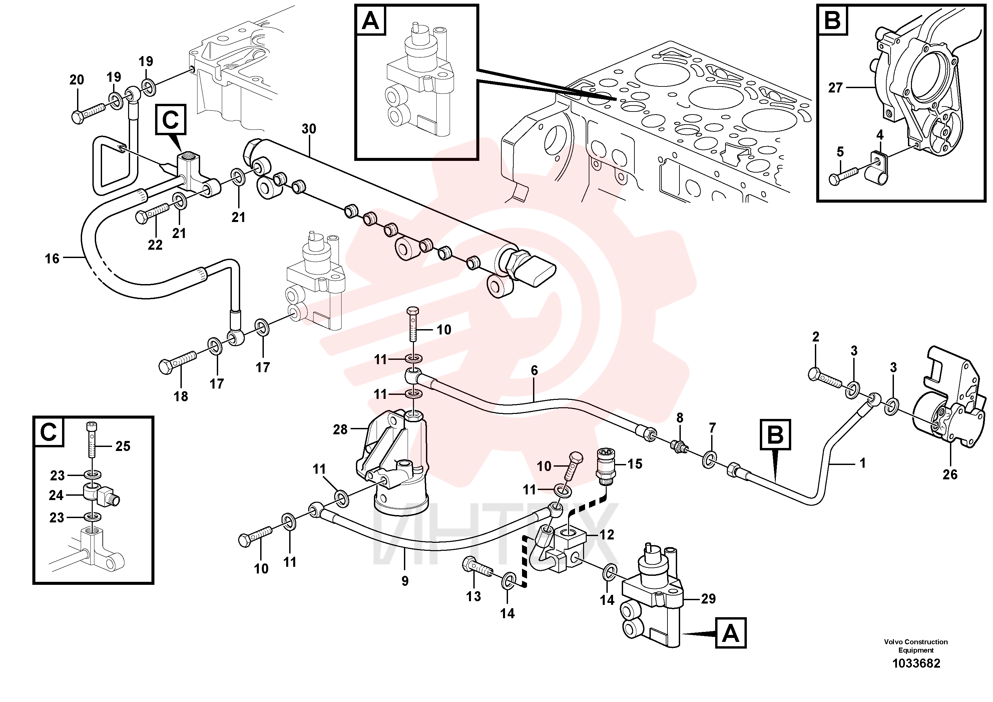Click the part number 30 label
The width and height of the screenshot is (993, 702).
[309, 129]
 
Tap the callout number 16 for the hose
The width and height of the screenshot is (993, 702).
[52, 259]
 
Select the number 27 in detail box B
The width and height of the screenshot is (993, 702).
[836, 88]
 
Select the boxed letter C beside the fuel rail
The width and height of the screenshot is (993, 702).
[171, 119]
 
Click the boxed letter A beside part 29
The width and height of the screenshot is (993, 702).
[731, 633]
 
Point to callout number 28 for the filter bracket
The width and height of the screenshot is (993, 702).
[340, 429]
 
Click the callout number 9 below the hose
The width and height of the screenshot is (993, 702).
[405, 581]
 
